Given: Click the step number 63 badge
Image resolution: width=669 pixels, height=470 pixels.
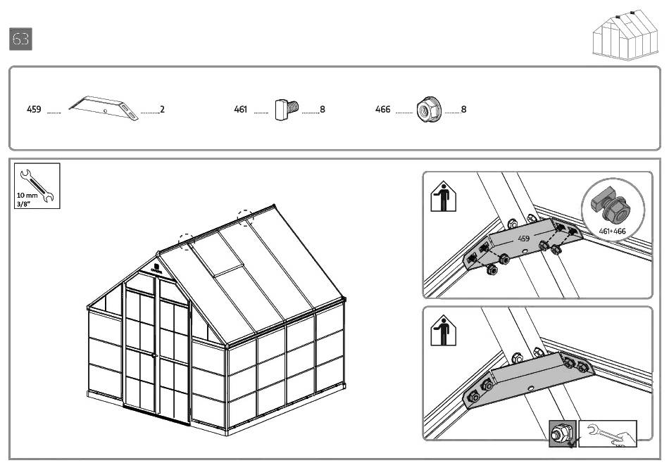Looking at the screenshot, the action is [21, 39].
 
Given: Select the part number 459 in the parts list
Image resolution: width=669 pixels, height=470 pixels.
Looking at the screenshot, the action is [34, 110].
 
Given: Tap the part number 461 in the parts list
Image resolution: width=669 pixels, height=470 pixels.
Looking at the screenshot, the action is [241, 110].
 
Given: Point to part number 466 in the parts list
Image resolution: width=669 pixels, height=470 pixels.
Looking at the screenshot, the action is [382, 110].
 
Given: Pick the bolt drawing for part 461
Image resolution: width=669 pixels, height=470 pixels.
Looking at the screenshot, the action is [287, 109].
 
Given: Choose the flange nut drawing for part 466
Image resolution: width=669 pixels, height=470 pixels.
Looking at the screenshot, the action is [427, 110].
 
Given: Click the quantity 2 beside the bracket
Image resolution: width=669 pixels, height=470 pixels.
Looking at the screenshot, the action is [162, 110].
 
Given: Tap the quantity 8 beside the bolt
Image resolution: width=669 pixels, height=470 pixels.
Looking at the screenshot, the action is [322, 110].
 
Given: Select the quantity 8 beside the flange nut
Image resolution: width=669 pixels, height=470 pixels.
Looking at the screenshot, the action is [463, 110].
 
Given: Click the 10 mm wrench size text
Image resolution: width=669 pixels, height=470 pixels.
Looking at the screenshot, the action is [27, 195].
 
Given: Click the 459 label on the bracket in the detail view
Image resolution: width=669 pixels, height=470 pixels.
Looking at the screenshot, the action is [524, 239].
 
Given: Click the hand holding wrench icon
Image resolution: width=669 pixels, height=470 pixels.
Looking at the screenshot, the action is [607, 434].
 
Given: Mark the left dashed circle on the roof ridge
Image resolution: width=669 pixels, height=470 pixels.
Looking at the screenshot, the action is [187, 242].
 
